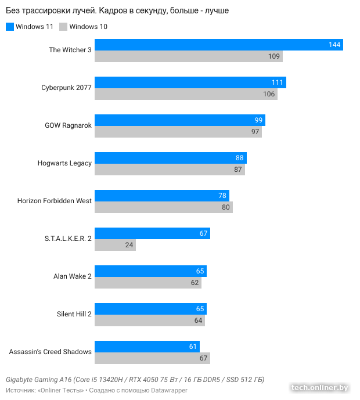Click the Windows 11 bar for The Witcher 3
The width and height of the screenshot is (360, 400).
coord(218,45)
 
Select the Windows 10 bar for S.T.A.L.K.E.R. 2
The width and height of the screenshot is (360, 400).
coord(115,245)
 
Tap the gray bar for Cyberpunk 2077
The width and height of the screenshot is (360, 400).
coord(186,94)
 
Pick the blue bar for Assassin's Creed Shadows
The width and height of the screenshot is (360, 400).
coord(147,347)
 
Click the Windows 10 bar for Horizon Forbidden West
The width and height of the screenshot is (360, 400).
coord(163,207)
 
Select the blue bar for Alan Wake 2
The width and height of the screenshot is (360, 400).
coord(150,271)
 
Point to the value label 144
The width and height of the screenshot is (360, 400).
coord(335,45)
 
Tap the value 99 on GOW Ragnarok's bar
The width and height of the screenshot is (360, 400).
coord(258,120)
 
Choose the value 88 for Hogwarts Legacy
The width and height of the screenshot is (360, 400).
coord(239,158)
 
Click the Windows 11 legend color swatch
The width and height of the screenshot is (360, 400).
coord(9,27)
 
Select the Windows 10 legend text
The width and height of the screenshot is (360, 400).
coord(88,27)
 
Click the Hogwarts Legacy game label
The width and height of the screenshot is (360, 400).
coord(64,163)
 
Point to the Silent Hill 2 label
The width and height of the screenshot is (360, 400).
coord(74,314)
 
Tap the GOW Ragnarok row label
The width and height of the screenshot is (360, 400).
coord(68,125)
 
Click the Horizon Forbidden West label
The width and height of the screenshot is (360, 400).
coord(54,201)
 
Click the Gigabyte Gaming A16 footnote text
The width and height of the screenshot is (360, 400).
coord(135,380)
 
